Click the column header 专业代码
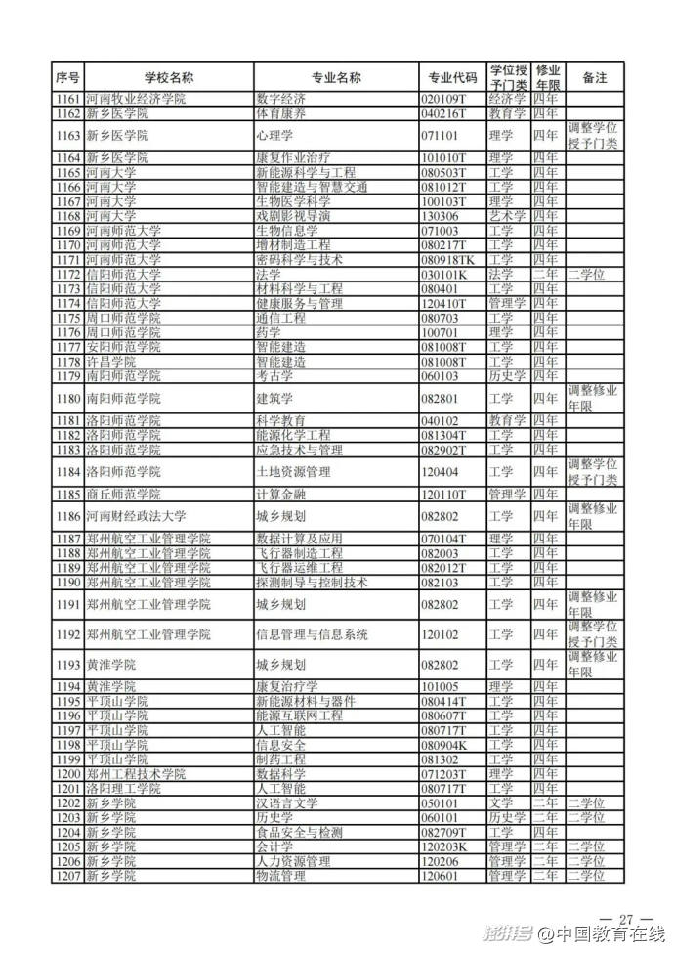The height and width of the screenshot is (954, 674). pyautogui.click(x=453, y=77)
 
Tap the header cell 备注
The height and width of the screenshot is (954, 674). pyautogui.click(x=594, y=77)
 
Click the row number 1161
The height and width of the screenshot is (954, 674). pyautogui.click(x=67, y=99)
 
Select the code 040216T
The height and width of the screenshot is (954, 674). pyautogui.click(x=449, y=113)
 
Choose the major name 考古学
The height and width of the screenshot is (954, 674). pyautogui.click(x=274, y=376)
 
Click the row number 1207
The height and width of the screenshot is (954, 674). pyautogui.click(x=67, y=877)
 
